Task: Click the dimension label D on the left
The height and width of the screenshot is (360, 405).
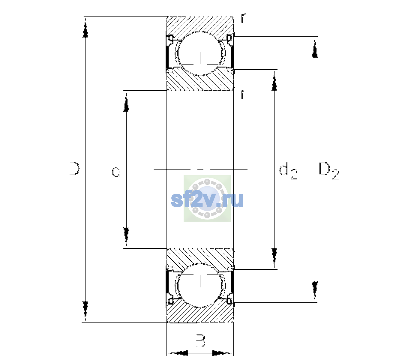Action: tap(74, 169)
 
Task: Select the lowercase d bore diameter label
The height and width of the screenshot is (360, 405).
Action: tap(116, 170)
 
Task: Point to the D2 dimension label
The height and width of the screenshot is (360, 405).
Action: tap(328, 171)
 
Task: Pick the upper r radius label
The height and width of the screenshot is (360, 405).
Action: tap(243, 18)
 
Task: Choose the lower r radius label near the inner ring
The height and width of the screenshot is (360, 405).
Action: tap(243, 94)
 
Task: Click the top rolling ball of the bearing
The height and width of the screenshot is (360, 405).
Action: tap(200, 53)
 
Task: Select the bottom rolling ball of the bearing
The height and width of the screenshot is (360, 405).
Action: tap(200, 285)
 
